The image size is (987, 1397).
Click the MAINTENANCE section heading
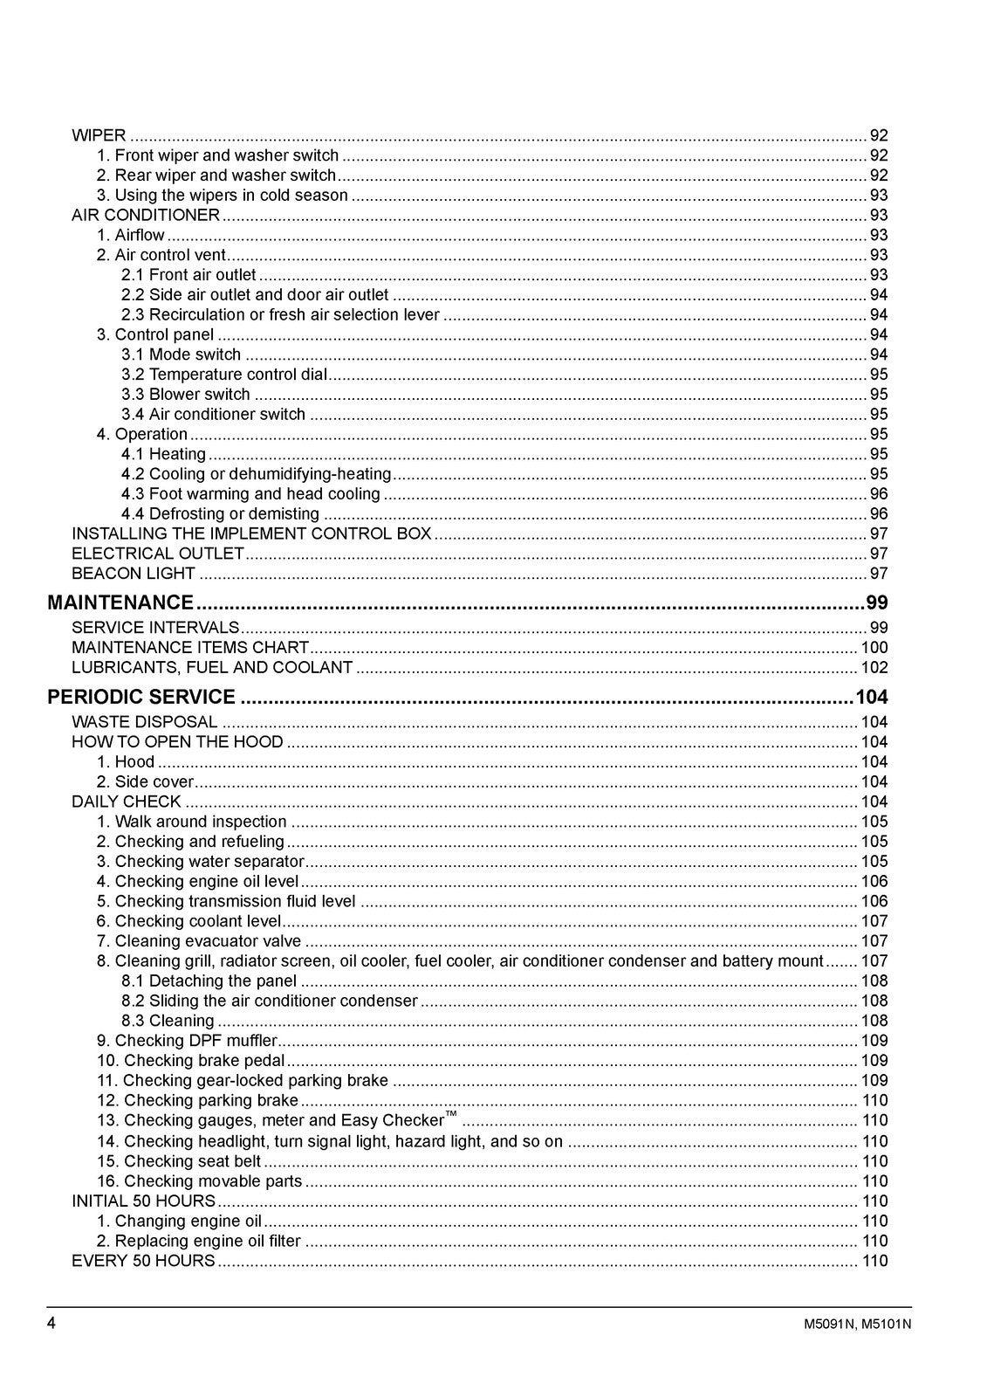(x=120, y=602)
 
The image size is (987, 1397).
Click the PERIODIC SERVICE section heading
(x=141, y=697)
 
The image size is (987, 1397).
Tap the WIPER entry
(x=99, y=135)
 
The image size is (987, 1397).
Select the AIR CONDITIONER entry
(x=146, y=215)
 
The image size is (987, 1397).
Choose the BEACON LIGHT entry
(x=134, y=574)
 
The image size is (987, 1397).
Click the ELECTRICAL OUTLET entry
(x=158, y=554)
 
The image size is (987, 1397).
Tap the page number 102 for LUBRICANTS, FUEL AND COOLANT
(x=874, y=668)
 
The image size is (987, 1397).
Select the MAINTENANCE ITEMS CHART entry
(x=190, y=648)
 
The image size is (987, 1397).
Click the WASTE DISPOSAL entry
(x=144, y=722)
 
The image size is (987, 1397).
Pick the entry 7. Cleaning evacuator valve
(x=199, y=941)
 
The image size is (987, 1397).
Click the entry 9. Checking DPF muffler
(x=187, y=1041)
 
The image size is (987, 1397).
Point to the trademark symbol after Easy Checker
(x=450, y=1116)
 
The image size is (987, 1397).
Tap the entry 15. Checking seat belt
(x=179, y=1161)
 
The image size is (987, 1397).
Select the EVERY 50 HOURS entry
(x=143, y=1261)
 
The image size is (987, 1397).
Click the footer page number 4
(x=51, y=1323)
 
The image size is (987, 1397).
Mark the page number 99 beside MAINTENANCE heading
(x=876, y=602)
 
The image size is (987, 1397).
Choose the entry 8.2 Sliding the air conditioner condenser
(x=270, y=1001)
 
